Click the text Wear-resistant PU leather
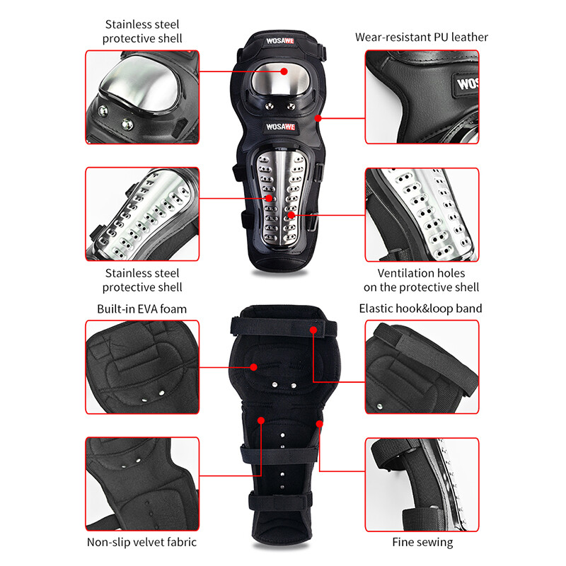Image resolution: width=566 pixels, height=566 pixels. (422, 37)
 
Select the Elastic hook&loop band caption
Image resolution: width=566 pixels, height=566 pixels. (420, 308)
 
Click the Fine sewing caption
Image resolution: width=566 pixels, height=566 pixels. (422, 543)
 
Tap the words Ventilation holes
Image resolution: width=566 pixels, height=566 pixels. (421, 273)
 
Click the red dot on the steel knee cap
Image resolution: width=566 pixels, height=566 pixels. (284, 71)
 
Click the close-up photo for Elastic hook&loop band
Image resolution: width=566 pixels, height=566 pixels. (422, 366)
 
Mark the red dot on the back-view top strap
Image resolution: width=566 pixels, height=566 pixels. (312, 329)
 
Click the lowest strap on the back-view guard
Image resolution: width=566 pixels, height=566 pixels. (282, 504)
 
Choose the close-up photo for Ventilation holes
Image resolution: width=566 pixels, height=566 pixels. (422, 214)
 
